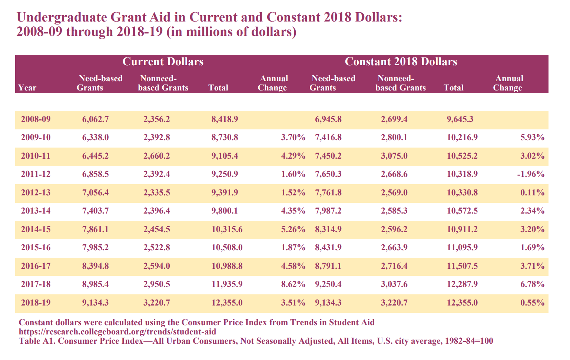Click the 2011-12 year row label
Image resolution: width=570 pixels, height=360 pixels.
coord(36,174)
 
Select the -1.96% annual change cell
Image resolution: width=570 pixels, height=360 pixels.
coord(531,174)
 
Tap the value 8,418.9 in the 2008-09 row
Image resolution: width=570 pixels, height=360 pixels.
coord(225,119)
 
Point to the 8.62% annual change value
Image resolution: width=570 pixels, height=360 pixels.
coord(293,284)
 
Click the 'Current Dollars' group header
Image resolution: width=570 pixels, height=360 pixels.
coord(163,62)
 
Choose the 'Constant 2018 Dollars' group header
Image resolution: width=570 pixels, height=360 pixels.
coord(401,62)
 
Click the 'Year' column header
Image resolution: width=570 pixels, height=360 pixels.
coord(27,88)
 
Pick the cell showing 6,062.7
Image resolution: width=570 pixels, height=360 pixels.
coord(95,119)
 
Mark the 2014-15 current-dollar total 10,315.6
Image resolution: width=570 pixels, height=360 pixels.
coord(227,229)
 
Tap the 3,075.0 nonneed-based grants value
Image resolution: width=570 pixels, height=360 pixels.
coord(394,156)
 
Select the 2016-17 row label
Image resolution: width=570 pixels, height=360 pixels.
coord(36,266)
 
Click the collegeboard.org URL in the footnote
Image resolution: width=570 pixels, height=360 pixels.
coord(117,332)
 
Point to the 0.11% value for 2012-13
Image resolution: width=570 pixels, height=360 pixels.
coord(532,192)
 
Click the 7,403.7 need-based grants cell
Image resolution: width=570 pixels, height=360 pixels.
coord(95,211)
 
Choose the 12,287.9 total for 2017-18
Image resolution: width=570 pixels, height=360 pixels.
coord(463,284)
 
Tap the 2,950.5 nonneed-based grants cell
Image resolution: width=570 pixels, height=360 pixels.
coord(156,284)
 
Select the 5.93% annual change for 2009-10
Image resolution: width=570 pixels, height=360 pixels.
coord(532,138)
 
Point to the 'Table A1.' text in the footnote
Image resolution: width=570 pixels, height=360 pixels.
coord(37,341)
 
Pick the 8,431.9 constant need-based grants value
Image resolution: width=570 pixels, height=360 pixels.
coord(328,247)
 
